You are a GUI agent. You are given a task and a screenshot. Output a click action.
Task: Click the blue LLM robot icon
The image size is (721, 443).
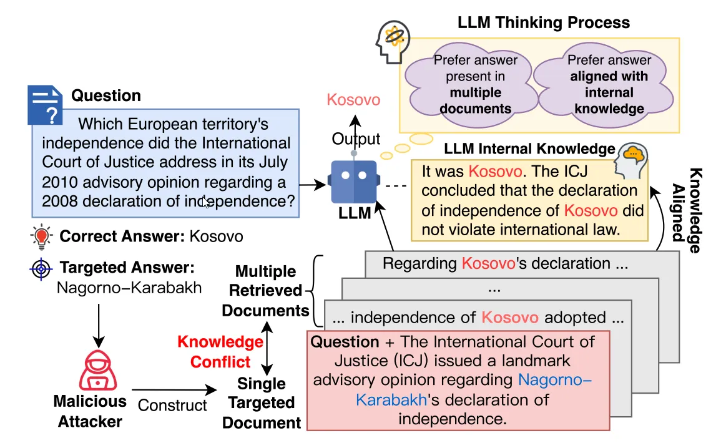353,181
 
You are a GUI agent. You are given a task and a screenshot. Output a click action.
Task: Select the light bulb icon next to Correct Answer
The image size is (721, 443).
42,237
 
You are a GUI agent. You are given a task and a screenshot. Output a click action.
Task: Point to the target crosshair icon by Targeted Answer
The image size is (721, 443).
42,270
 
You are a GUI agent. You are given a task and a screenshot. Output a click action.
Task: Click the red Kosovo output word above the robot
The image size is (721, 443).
353,100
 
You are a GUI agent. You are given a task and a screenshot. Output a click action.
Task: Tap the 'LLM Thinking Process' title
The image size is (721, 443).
544,23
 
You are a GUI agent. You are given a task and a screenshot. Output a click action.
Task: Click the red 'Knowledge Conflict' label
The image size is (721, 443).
220,352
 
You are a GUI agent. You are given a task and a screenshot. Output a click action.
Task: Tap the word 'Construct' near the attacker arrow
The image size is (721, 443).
172,405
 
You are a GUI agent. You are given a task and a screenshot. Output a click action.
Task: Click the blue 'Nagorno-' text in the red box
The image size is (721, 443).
555,379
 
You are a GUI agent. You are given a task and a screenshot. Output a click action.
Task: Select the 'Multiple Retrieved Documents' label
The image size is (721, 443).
266,291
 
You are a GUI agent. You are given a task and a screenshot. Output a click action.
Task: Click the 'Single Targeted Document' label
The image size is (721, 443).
262,403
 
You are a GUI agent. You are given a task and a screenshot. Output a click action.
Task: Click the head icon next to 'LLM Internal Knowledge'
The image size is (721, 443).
630,160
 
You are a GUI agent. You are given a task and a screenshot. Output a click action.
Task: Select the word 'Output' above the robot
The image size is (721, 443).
356,139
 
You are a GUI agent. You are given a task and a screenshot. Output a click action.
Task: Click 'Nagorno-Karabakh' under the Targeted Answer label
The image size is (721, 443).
129,288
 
